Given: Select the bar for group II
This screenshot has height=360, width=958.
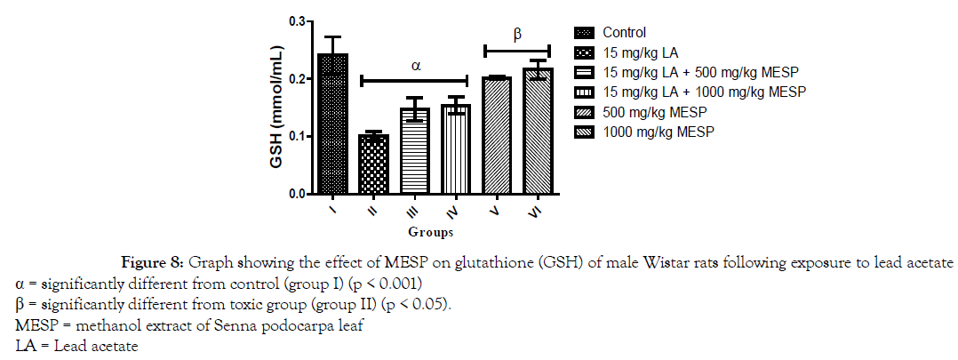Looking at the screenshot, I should click(372, 164).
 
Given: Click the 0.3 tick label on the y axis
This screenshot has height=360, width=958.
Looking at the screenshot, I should click(295, 21).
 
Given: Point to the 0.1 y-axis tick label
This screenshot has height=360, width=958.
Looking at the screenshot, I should click(295, 136).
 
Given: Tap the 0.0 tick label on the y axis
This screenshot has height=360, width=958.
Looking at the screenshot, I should click(295, 193).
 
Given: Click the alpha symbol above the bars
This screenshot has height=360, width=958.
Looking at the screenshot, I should click(414, 65).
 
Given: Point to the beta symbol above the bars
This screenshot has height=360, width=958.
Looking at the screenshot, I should click(516, 35).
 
